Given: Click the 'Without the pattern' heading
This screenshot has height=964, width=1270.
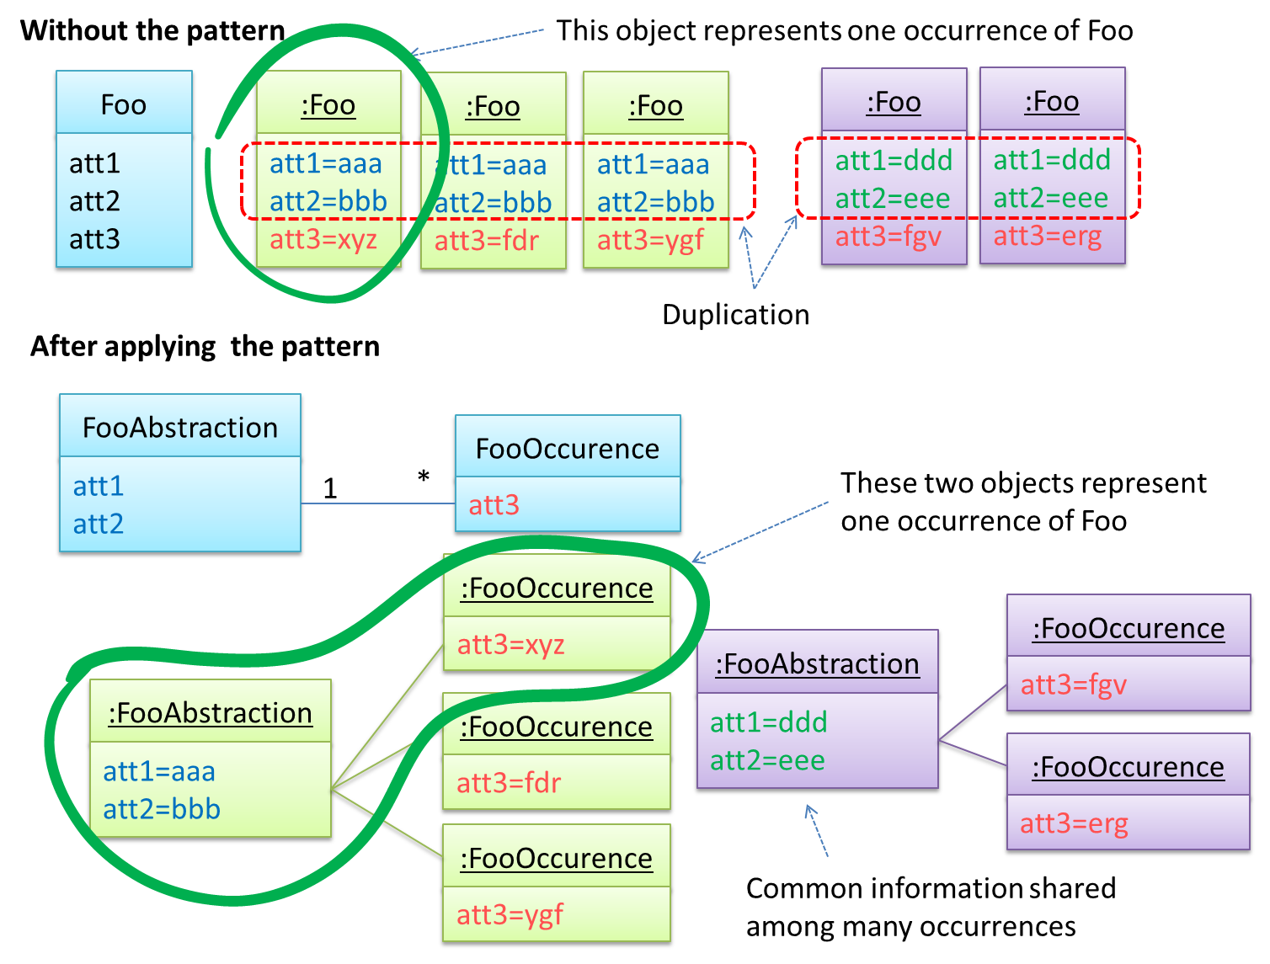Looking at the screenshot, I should [152, 30].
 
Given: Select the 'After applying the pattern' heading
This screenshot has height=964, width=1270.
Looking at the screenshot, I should [205, 346].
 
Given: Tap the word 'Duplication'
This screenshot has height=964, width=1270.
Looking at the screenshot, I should [735, 314].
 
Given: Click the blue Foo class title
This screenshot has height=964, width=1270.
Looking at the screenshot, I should [123, 104].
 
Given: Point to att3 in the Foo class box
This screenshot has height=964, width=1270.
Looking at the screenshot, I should [94, 239].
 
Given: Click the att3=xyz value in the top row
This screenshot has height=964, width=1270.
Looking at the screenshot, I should [323, 240].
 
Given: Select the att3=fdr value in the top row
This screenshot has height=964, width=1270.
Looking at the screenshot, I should [486, 242].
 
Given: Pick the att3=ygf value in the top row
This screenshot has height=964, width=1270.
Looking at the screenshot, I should [649, 241].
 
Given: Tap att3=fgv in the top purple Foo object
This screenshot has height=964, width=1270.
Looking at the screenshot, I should [888, 237].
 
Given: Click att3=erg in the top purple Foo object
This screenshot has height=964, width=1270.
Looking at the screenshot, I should [1047, 236].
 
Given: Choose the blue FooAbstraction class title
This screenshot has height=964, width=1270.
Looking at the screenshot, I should [179, 428].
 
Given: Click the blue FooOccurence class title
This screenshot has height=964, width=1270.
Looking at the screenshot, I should [567, 449].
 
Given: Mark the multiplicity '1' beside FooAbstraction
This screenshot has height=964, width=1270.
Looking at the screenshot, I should [330, 488].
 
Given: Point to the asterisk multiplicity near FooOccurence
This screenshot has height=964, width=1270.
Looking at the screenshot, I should [423, 477].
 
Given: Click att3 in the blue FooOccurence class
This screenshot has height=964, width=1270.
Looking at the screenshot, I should [494, 505].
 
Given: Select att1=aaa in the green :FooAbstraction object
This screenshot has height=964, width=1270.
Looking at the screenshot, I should [158, 771].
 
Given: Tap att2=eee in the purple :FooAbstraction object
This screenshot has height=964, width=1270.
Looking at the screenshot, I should [767, 760].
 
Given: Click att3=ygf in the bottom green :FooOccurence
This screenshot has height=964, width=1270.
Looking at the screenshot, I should [510, 914].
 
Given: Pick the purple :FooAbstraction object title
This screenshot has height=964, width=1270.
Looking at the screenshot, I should [817, 664].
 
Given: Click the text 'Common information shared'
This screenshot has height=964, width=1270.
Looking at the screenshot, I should [931, 888].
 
